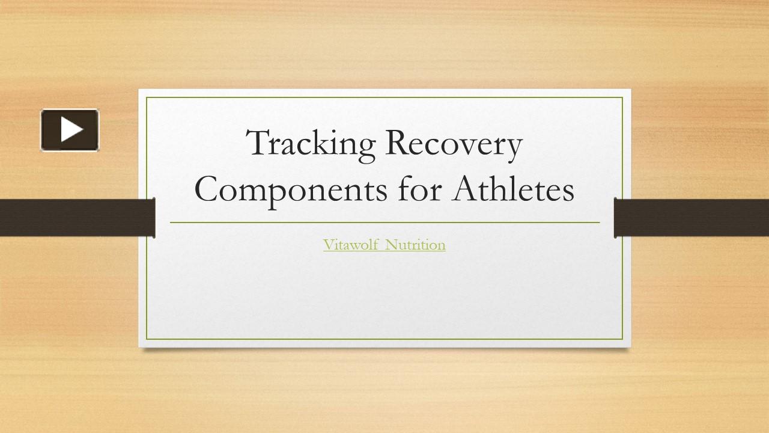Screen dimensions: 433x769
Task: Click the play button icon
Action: [70, 129]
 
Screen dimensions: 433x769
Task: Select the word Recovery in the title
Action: [454, 145]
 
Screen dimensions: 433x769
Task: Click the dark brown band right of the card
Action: [691, 217]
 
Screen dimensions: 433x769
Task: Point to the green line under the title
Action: [384, 223]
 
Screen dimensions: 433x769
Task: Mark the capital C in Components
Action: [207, 190]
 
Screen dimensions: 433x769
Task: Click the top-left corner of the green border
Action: [147, 97]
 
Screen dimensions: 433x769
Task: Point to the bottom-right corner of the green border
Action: [623, 340]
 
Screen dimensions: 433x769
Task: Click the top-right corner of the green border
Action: [623, 97]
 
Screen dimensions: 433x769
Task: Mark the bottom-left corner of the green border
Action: [147, 340]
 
